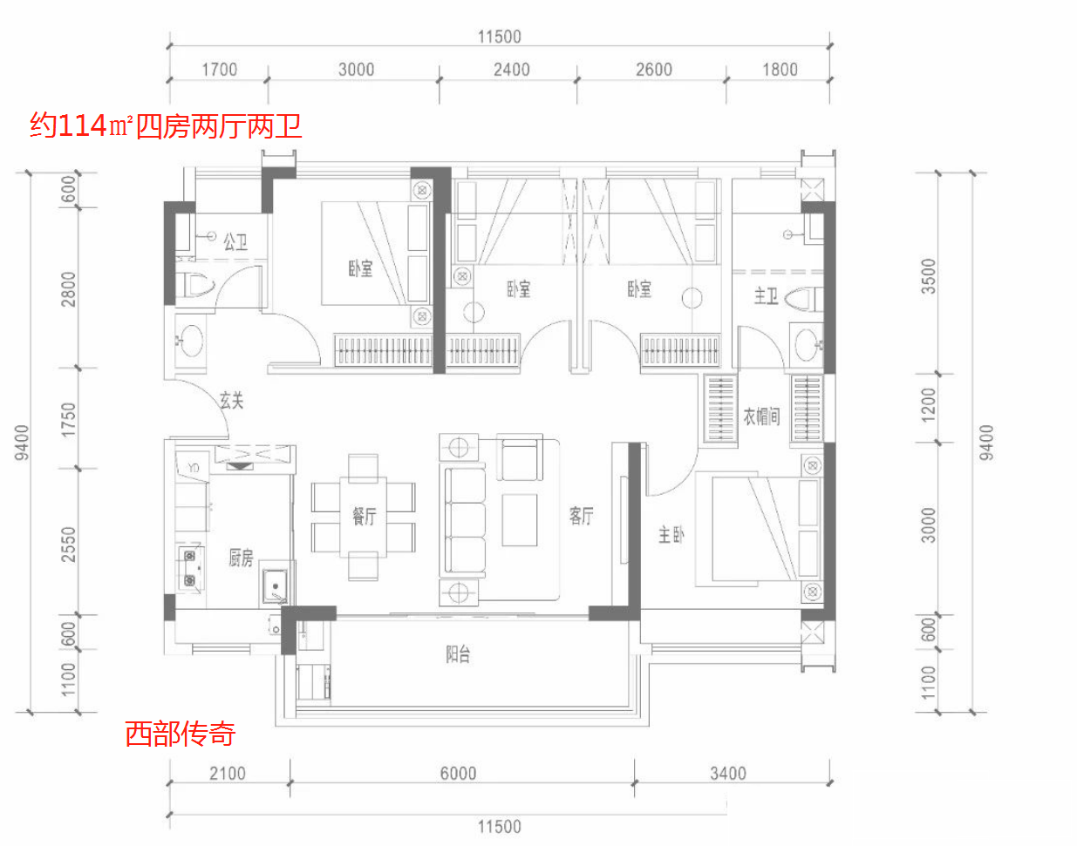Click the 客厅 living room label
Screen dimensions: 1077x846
[581, 516]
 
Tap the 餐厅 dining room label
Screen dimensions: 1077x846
[364, 516]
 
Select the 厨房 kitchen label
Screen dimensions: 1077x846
[241, 558]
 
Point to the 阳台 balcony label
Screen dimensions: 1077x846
[458, 654]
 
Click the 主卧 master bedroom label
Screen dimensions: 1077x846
[671, 534]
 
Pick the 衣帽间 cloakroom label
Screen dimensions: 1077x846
[761, 416]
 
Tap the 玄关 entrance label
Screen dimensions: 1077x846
[231, 400]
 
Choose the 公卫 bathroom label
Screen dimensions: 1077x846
[235, 242]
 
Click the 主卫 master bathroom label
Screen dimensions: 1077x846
[766, 296]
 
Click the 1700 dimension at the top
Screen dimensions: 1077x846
[219, 70]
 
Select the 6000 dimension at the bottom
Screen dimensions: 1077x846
[458, 774]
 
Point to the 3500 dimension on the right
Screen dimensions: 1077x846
[929, 276]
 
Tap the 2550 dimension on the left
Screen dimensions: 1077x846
[68, 545]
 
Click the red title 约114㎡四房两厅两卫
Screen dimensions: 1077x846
[166, 125]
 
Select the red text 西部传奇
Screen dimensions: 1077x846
[181, 734]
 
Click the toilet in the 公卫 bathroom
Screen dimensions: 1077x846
[195, 285]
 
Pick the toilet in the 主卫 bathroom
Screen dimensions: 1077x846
[804, 300]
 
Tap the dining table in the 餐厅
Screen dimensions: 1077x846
[363, 518]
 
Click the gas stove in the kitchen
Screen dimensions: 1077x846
[190, 568]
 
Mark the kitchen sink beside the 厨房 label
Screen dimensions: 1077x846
[275, 586]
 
